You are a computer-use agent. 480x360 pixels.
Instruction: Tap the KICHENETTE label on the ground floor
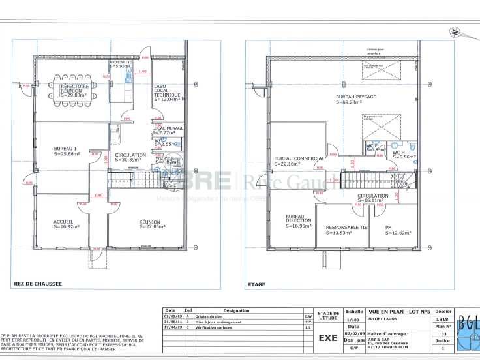click(x=120, y=62)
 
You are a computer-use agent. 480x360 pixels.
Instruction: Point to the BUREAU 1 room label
click(x=65, y=148)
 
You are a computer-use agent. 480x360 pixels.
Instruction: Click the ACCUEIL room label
click(x=63, y=222)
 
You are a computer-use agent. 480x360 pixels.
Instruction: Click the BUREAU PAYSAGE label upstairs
click(x=355, y=97)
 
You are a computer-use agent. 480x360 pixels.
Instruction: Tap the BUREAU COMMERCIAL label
click(x=299, y=158)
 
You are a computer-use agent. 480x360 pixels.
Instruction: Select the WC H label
click(x=399, y=152)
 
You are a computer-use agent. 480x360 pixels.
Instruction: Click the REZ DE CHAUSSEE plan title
click(x=38, y=284)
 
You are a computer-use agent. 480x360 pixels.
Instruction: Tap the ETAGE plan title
click(x=256, y=284)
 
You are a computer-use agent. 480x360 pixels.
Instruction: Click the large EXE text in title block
click(x=327, y=338)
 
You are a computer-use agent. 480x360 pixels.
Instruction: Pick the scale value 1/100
click(x=355, y=320)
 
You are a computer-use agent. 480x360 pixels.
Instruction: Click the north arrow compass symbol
click(x=455, y=31)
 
